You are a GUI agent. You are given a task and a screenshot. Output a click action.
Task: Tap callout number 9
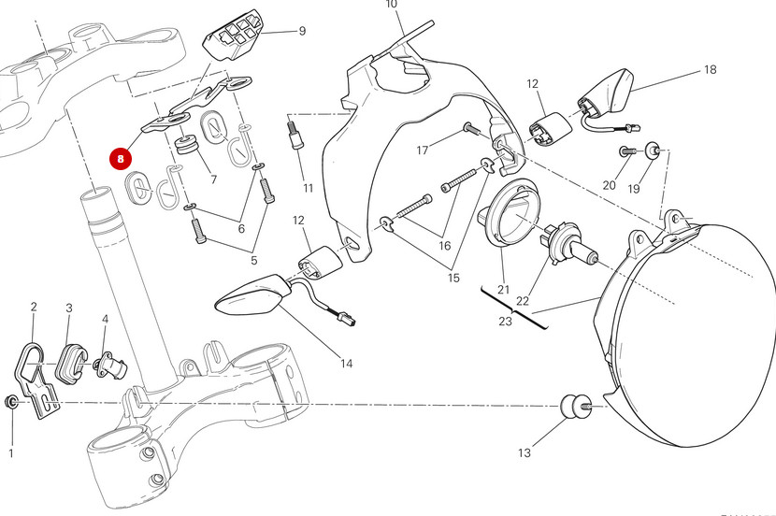302,31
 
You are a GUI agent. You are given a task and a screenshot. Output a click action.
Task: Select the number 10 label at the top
391,5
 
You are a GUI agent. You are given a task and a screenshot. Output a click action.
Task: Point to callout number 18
710,70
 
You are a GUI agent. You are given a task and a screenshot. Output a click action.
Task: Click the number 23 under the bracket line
505,321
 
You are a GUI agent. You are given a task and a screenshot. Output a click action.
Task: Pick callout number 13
524,452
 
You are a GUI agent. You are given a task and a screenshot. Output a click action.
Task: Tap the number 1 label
11,454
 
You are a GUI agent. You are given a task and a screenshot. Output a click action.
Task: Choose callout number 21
503,288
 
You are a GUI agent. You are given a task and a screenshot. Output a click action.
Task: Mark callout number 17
423,150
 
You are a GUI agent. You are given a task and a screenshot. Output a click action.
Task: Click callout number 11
308,188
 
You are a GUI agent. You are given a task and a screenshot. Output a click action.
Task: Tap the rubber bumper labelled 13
573,408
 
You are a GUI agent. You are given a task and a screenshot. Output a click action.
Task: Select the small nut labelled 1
11,402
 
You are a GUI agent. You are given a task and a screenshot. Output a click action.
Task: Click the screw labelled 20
625,150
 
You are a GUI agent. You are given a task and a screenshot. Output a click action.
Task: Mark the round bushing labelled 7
185,148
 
